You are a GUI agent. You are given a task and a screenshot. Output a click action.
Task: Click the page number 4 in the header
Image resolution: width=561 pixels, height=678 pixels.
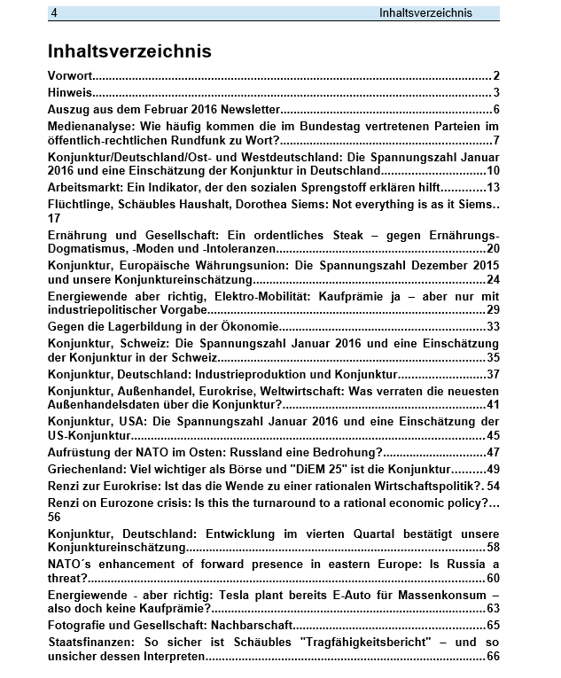click(55, 13)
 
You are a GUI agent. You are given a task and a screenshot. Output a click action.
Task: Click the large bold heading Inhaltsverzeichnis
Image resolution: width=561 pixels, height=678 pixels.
click(129, 51)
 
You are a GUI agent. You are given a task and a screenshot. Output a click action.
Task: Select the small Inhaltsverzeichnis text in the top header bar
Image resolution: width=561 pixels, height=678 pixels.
click(425, 13)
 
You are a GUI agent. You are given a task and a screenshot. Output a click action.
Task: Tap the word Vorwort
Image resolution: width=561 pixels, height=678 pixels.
click(70, 76)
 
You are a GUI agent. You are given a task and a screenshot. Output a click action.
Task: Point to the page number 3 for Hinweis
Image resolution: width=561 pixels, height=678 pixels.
click(497, 93)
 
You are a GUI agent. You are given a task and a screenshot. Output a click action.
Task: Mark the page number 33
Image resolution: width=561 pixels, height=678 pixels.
click(494, 327)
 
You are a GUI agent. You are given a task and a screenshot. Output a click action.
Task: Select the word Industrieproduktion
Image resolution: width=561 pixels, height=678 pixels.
click(265, 374)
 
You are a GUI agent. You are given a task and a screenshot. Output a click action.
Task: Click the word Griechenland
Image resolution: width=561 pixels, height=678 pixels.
click(87, 469)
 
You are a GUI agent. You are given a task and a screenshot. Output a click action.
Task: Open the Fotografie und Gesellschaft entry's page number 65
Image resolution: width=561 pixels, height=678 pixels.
click(494, 626)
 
